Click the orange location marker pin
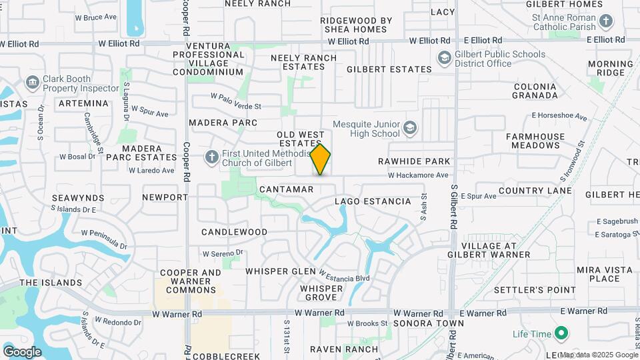tap(321, 159)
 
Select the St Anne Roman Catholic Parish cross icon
tap(605, 21)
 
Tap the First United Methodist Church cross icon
tap(211, 157)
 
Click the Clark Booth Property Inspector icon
tap(31, 83)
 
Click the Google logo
tap(22, 351)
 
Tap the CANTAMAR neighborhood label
tap(286, 189)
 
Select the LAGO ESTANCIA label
tap(373, 201)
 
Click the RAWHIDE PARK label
tap(414, 161)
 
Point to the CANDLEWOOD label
tap(235, 232)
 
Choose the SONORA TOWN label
tap(428, 323)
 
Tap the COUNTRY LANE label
tap(535, 191)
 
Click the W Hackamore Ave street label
tap(419, 175)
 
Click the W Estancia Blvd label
tap(343, 277)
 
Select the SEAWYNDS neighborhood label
tap(78, 198)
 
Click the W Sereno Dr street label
tap(224, 253)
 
